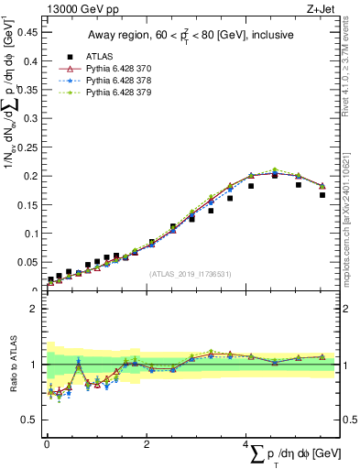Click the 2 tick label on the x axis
(x=146, y=443)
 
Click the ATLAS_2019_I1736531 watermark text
(x=190, y=273)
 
